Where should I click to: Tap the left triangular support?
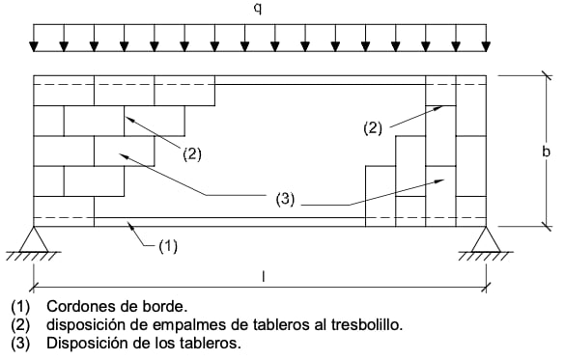(x=35, y=238)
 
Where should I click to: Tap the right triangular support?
(x=485, y=238)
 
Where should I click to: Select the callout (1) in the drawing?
(x=167, y=246)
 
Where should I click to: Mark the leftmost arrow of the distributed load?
(x=35, y=41)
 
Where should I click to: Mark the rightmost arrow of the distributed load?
(x=485, y=41)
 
